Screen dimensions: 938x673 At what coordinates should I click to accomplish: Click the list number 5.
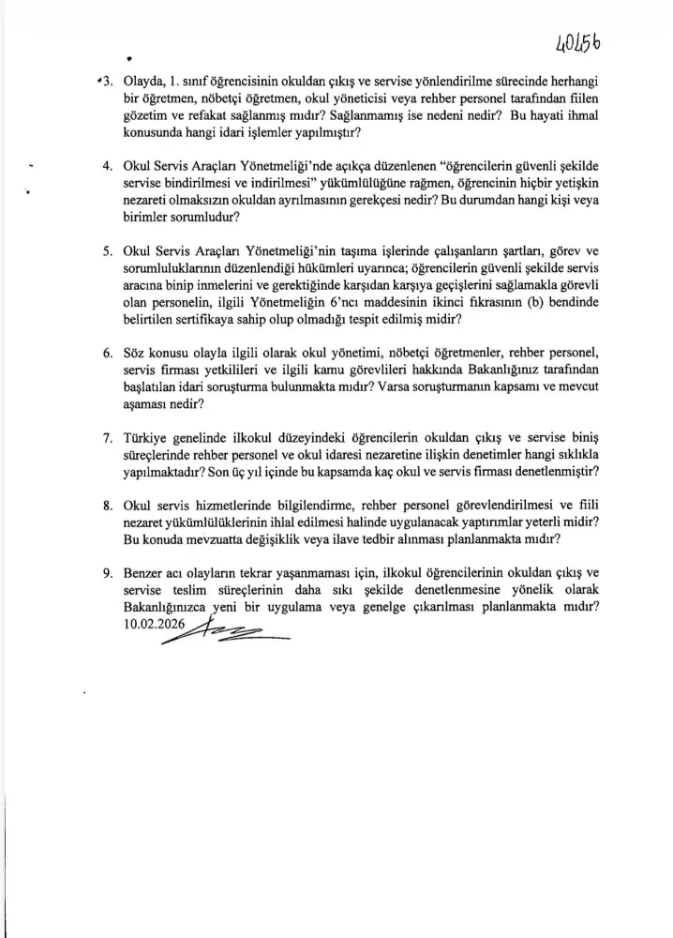click(108, 252)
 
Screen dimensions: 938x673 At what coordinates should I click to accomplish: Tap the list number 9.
click(108, 571)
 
